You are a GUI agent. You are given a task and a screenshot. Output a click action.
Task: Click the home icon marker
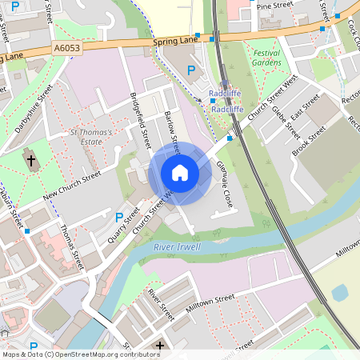click(x=180, y=173)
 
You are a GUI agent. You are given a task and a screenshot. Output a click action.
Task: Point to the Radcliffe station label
click(x=225, y=94)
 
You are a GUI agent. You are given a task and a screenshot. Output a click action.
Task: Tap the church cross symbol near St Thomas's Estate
click(x=32, y=160)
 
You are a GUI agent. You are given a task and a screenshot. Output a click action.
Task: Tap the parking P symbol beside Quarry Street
click(x=119, y=217)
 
